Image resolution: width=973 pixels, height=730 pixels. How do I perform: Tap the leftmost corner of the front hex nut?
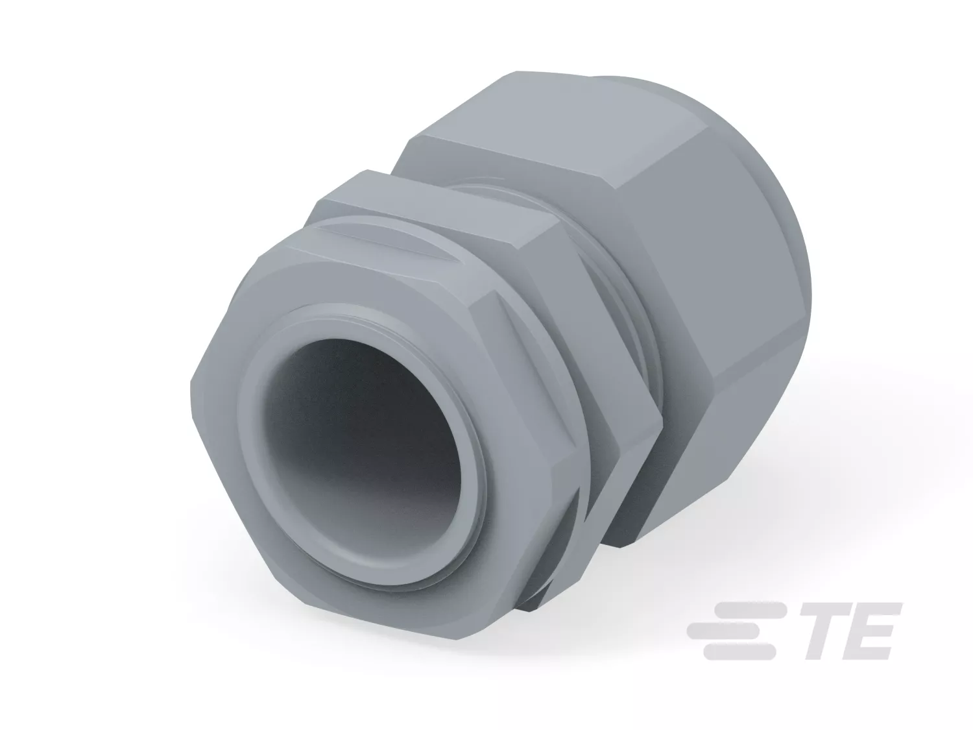(x=191, y=381)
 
